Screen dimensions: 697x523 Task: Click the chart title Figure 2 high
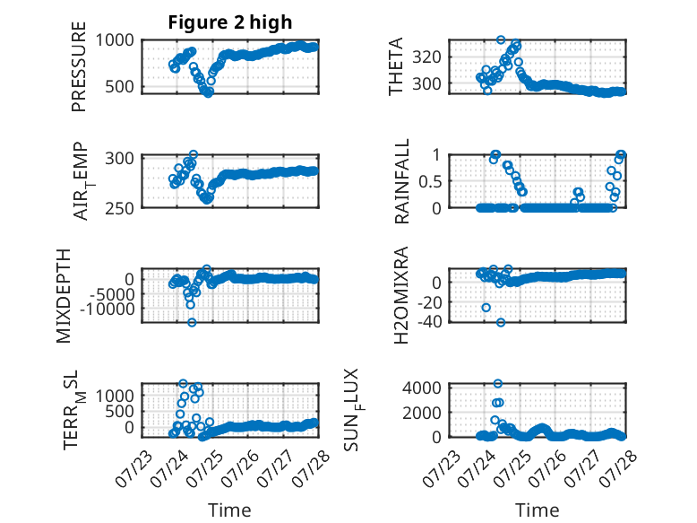point(230,22)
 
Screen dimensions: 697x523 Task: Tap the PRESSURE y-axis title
point(79,66)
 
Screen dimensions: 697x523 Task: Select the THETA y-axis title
point(395,66)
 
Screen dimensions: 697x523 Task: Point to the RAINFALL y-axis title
point(401,181)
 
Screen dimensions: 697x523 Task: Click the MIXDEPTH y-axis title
point(64,296)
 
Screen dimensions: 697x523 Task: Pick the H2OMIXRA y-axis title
point(401,295)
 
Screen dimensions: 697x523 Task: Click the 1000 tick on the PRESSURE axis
point(115,40)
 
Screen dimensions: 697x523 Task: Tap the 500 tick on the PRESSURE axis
point(119,86)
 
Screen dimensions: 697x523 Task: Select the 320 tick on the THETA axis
point(426,57)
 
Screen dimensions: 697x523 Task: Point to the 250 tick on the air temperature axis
point(119,208)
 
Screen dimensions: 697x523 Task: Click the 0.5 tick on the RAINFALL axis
point(430,181)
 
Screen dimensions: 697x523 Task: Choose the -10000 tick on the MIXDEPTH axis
point(108,309)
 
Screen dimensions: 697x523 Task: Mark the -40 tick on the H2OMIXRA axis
point(430,321)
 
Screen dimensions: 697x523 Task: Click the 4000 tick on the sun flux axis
point(422,388)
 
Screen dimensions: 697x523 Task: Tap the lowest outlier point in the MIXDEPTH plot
point(192,322)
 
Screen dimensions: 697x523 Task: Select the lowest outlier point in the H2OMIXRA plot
point(501,322)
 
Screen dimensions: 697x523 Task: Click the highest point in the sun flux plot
point(498,383)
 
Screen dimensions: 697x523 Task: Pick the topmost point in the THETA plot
point(501,39)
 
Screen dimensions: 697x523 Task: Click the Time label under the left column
point(230,510)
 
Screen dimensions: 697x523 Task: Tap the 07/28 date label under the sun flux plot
point(618,468)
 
